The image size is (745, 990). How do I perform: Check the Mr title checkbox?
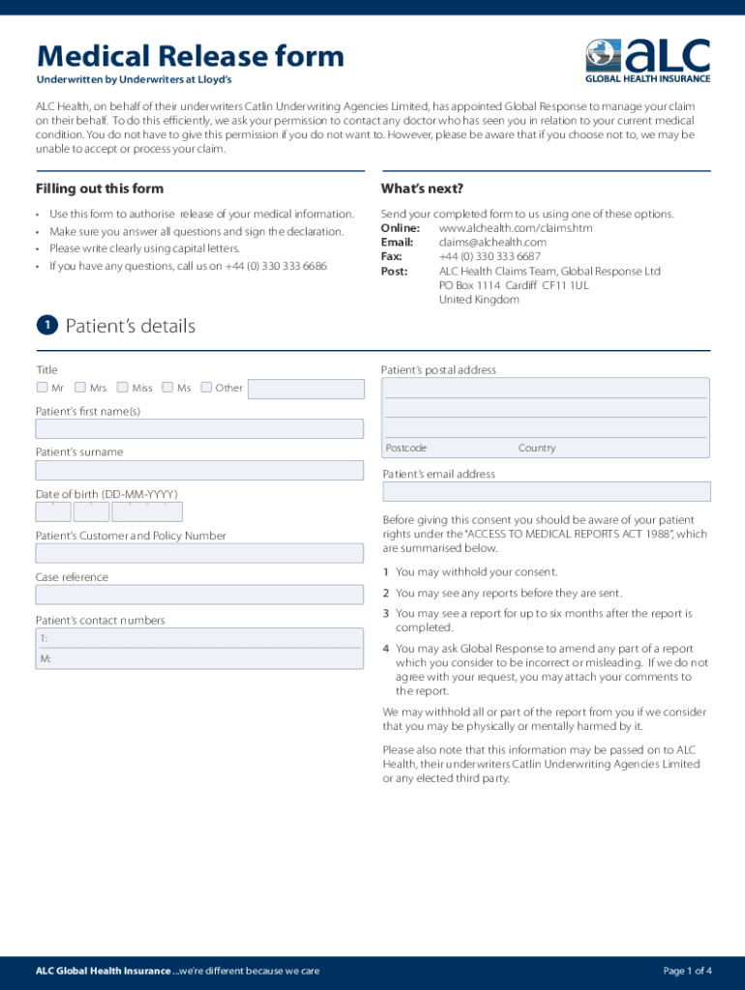[x=42, y=388]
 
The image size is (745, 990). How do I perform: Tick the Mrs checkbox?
[x=80, y=388]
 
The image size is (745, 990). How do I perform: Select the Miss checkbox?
[x=123, y=388]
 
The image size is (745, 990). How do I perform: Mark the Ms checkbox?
[x=168, y=388]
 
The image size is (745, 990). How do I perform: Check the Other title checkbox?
[x=206, y=388]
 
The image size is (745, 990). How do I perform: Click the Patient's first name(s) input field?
[x=199, y=429]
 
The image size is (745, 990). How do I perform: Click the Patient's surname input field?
[x=199, y=471]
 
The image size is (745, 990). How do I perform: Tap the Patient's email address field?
[x=546, y=492]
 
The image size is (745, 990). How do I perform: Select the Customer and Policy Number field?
[x=199, y=554]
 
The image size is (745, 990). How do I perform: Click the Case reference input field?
[x=199, y=596]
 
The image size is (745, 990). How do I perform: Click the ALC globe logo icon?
[x=603, y=56]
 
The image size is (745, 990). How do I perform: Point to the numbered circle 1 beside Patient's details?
[x=45, y=326]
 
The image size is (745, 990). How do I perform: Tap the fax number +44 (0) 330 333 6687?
[x=490, y=257]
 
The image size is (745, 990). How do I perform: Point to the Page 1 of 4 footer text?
[x=687, y=971]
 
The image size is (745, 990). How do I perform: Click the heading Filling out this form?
[x=100, y=189]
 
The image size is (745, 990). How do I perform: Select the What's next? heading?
[x=422, y=189]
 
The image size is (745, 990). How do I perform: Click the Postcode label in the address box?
[x=406, y=449]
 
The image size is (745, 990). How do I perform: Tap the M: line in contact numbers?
[x=45, y=659]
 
